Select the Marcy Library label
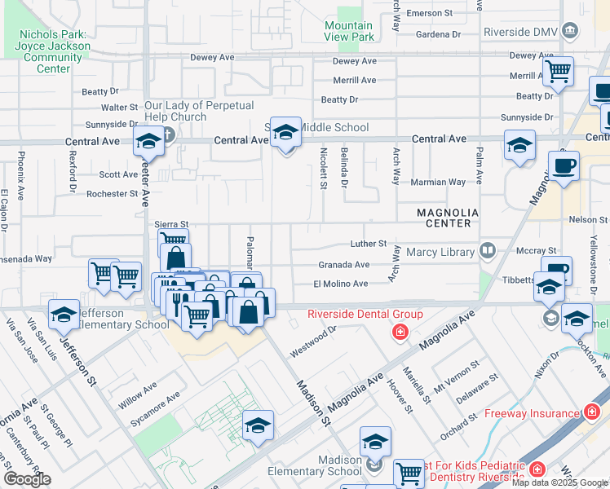pos(440,252)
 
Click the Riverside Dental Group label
pos(365,314)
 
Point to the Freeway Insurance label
pos(531,413)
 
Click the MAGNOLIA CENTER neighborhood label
pos(444,218)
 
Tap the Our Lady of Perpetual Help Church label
pos(199,112)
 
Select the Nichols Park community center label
pos(54,52)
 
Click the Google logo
pos(27,479)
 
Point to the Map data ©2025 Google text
pos(559,482)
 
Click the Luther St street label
pos(369,244)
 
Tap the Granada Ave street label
pos(343,264)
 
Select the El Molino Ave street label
pos(341,284)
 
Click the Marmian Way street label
pos(444,182)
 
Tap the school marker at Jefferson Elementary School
pos(64,314)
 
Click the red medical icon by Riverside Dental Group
pos(400,332)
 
